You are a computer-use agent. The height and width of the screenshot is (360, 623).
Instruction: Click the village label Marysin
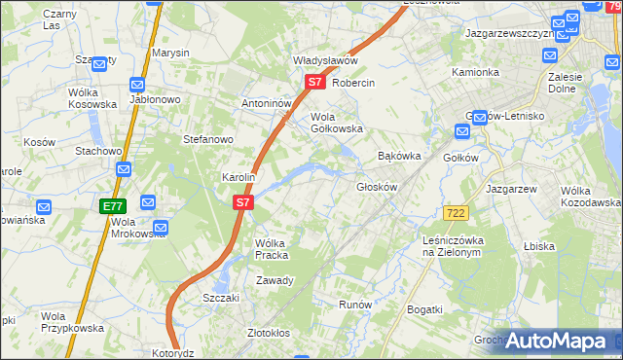pyautogui.click(x=169, y=54)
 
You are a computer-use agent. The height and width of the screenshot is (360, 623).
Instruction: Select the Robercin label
pyautogui.click(x=353, y=83)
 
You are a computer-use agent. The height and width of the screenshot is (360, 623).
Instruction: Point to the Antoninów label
pyautogui.click(x=267, y=103)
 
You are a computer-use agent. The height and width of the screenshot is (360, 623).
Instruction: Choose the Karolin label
pyautogui.click(x=238, y=177)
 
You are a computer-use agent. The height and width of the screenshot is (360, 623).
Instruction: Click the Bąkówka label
pyautogui.click(x=399, y=155)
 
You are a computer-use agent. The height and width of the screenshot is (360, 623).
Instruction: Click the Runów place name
pyautogui.click(x=355, y=305)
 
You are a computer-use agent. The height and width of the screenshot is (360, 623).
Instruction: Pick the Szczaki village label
pyautogui.click(x=221, y=298)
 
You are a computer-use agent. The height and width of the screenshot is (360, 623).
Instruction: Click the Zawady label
pyautogui.click(x=275, y=280)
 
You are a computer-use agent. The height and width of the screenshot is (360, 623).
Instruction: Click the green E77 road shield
pyautogui.click(x=113, y=206)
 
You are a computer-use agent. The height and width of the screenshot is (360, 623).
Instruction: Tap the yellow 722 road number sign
pyautogui.click(x=455, y=212)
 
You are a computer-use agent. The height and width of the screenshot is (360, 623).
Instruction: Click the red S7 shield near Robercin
pyautogui.click(x=314, y=83)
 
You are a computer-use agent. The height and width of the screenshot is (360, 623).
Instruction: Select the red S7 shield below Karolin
pyautogui.click(x=243, y=203)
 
